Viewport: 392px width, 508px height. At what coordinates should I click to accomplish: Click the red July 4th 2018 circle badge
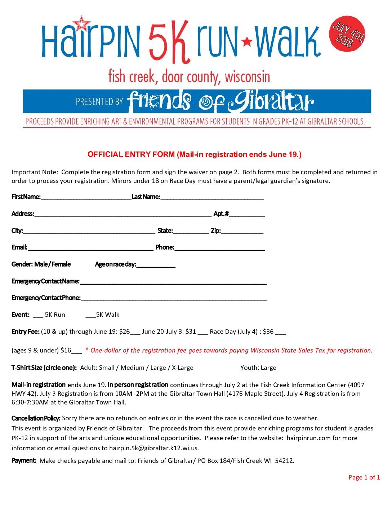coord(347,34)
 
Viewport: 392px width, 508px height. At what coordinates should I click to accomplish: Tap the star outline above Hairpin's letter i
coord(83,24)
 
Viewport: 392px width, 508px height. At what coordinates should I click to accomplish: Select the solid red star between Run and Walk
coord(247,41)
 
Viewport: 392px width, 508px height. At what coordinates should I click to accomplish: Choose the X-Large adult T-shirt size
coord(182,368)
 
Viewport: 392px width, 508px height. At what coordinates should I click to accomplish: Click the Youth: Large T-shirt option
coord(258,368)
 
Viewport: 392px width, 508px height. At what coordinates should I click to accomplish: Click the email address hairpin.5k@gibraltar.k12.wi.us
coord(154,448)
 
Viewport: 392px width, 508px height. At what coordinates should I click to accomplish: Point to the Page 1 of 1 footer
coord(364,477)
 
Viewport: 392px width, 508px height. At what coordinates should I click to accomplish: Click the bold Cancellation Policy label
coord(36,418)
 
